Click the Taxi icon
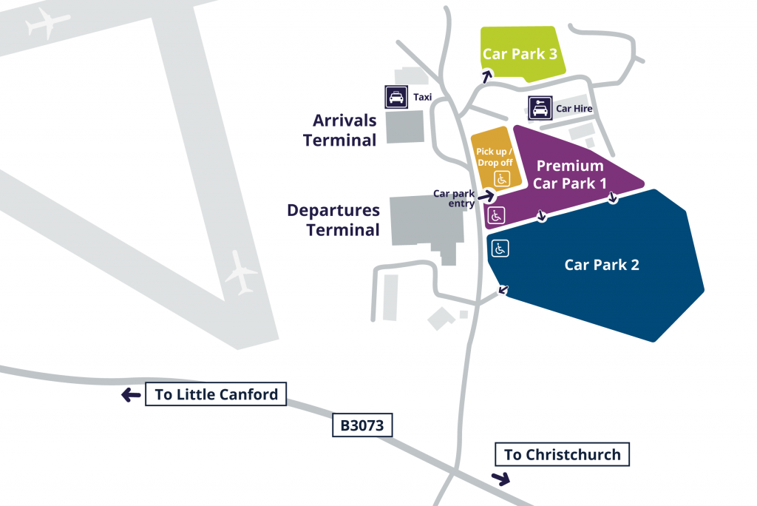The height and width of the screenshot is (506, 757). coord(396,97)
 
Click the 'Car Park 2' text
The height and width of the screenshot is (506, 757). coord(602,265)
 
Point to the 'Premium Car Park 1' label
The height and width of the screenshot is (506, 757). coord(570,175)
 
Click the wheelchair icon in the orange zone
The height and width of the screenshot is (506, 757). coord(501,178)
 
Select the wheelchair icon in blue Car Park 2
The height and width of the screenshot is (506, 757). coord(500,249)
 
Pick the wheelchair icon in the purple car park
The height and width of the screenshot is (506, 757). coord(496,216)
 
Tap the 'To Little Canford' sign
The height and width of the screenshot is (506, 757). coord(216,394)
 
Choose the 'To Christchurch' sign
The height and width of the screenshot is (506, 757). coord(562,454)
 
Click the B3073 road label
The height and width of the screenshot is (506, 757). coord(361,426)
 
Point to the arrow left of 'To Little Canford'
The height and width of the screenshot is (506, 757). coord(131,396)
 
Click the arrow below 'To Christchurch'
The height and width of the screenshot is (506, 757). coord(502,477)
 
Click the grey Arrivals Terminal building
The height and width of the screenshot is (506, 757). coord(405,127)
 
